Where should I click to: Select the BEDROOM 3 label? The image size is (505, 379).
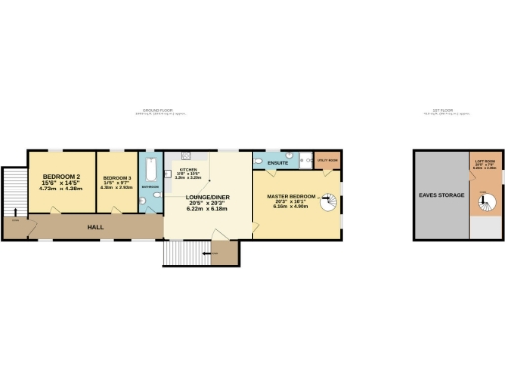[117, 178]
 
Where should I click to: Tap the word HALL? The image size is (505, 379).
[96, 227]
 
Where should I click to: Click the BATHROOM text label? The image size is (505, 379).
[150, 186]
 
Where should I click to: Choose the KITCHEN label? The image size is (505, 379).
[188, 170]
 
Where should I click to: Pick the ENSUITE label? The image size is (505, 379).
[277, 162]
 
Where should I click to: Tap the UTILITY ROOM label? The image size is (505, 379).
[326, 159]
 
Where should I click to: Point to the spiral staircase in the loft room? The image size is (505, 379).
[484, 204]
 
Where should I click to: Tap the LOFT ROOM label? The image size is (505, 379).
[483, 161]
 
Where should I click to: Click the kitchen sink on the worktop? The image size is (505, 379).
[183, 156]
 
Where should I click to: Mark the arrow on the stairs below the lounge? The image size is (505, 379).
[208, 255]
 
